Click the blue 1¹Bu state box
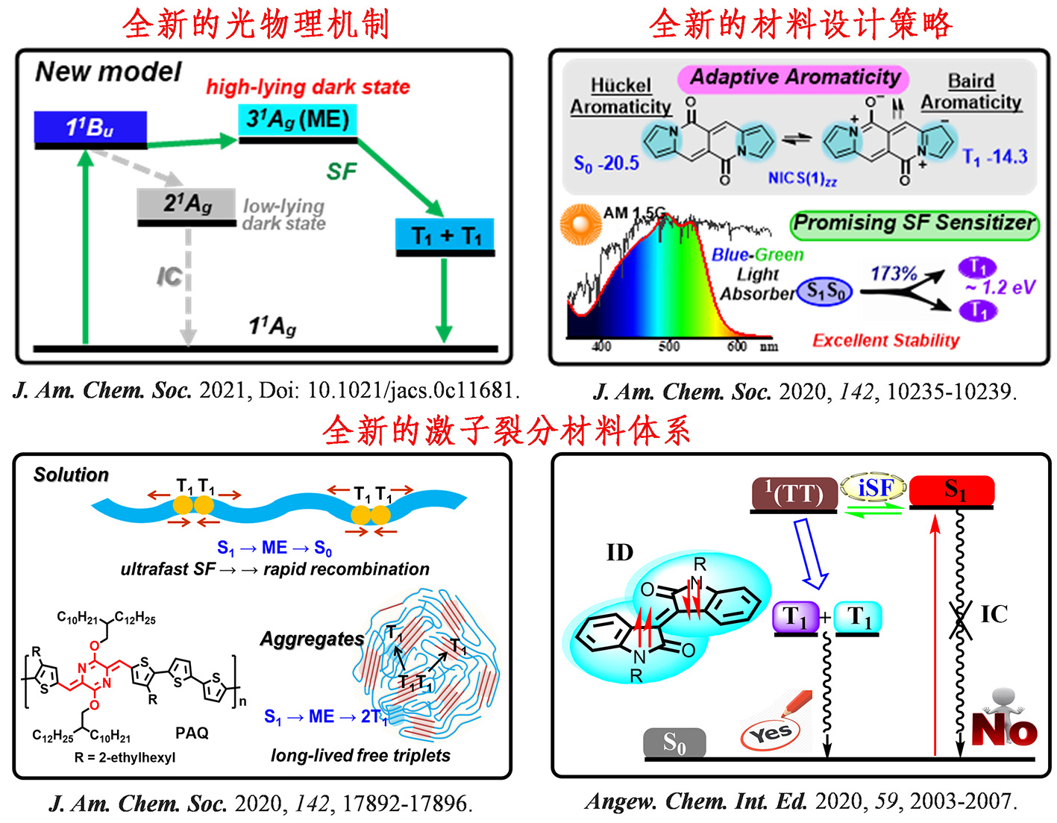pyautogui.click(x=90, y=127)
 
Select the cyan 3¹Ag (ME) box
pyautogui.click(x=298, y=119)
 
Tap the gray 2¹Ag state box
pyautogui.click(x=186, y=203)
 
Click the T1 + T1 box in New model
pyautogui.click(x=445, y=236)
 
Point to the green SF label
pyautogui.click(x=342, y=172)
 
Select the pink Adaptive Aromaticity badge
pyautogui.click(x=794, y=78)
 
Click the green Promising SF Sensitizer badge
pyautogui.click(x=914, y=223)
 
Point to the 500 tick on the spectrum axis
pyautogui.click(x=669, y=345)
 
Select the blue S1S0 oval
pyautogui.click(x=824, y=291)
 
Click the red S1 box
pyautogui.click(x=952, y=490)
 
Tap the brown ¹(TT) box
pyautogui.click(x=794, y=494)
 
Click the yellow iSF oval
pyautogui.click(x=874, y=488)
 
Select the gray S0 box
pyautogui.click(x=674, y=742)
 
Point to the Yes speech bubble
pyautogui.click(x=770, y=733)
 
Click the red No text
pyautogui.click(x=1004, y=730)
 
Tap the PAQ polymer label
pyautogui.click(x=192, y=733)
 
